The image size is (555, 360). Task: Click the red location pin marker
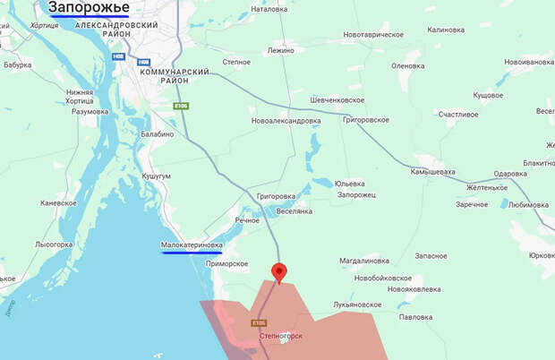278,271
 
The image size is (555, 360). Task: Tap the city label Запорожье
89,8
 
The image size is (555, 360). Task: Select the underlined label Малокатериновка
192,244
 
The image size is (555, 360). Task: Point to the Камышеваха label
432,171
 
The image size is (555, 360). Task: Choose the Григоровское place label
365,119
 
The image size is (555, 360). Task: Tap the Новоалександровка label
286,120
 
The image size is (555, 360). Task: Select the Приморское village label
226,264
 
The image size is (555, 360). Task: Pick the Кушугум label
156,176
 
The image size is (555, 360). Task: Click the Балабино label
157,134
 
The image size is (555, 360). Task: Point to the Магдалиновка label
364,261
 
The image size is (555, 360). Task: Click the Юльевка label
348,184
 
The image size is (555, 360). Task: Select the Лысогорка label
54,244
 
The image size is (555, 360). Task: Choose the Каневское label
58,202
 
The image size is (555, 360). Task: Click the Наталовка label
269,9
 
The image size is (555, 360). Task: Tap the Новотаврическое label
373,35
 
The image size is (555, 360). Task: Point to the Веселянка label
294,211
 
